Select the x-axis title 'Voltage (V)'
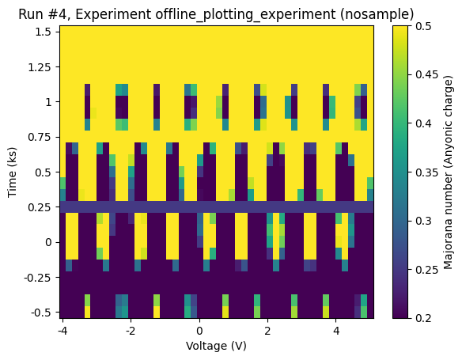tap(216, 346)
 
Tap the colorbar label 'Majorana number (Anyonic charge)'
tap(449, 172)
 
